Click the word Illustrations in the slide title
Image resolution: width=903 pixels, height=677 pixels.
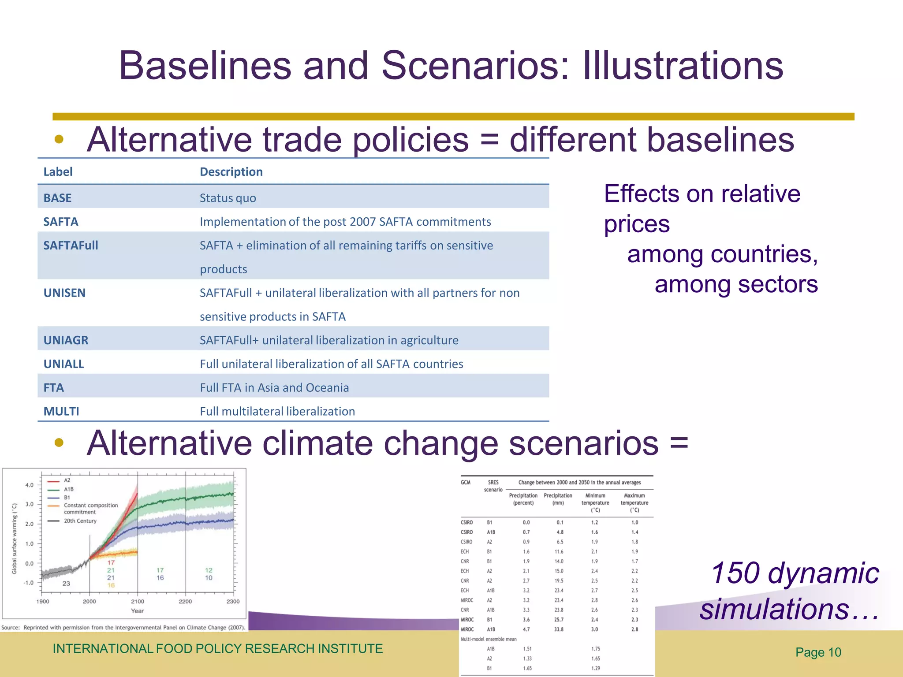(683, 66)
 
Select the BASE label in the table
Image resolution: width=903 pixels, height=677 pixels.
(57, 198)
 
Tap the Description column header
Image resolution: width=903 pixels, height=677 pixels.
(231, 172)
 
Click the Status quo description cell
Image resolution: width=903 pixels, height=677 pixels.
(228, 198)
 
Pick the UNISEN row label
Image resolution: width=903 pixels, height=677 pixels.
(64, 293)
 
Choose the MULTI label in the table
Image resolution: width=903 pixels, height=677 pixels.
(61, 411)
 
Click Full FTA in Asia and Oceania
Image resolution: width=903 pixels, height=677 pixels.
(274, 388)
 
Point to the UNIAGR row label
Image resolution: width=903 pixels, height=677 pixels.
(66, 340)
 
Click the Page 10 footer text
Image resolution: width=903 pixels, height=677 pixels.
(818, 652)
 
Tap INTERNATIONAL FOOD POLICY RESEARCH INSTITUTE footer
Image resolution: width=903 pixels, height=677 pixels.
(217, 649)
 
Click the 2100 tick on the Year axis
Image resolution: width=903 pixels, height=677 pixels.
(138, 602)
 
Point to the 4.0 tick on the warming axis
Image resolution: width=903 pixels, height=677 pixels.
(29, 485)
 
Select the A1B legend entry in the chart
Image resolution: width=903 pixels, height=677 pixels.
(69, 489)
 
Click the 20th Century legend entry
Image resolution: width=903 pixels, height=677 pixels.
(80, 521)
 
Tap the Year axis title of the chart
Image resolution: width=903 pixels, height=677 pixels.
(137, 611)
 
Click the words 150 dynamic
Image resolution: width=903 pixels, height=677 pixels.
(795, 573)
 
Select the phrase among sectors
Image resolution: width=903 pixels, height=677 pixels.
(736, 284)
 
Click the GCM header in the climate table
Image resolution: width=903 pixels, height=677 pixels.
(466, 483)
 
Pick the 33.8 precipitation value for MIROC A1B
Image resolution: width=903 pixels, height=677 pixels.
(559, 629)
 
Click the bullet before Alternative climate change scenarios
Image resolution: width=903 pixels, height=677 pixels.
(59, 443)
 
